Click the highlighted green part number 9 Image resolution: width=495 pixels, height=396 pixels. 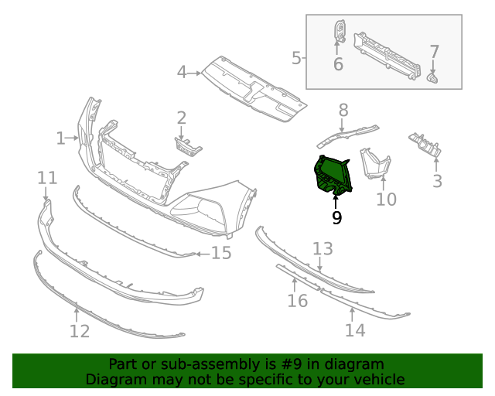331,174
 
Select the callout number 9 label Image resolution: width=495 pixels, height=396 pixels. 336,218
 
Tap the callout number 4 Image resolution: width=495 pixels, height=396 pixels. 182,73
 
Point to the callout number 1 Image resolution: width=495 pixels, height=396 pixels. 60,138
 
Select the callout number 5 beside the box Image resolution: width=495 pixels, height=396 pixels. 296,57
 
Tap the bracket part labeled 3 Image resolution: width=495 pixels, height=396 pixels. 425,145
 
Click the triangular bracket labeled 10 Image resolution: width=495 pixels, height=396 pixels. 377,163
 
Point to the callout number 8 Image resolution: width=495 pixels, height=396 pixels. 343,110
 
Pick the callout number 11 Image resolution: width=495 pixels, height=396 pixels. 47,179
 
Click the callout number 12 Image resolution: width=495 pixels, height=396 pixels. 79,332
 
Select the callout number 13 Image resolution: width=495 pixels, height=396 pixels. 323,248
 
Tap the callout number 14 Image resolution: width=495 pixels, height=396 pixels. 354,330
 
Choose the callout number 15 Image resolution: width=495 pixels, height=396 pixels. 221,253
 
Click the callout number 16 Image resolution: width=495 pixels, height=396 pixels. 298,300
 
